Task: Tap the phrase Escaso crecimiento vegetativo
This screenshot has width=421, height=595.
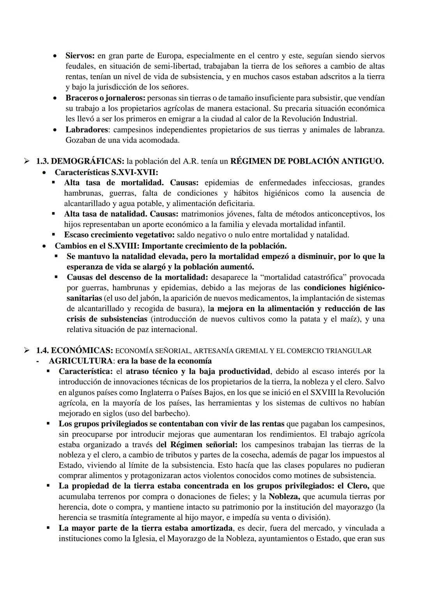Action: [x=120, y=235]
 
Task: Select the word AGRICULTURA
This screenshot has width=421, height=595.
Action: [x=80, y=361]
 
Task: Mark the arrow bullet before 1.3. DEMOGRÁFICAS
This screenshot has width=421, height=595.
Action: [x=27, y=161]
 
